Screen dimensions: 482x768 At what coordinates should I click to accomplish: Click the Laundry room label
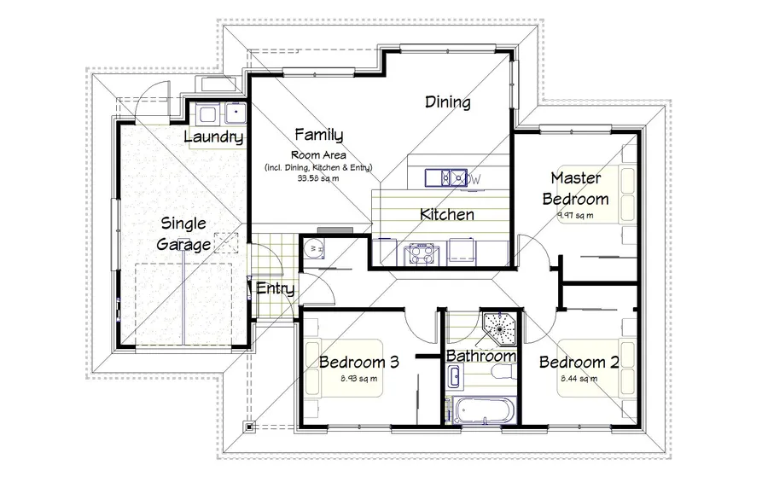pos(214,137)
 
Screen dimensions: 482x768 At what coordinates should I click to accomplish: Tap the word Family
pos(318,135)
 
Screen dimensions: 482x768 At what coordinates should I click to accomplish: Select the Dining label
pos(448,103)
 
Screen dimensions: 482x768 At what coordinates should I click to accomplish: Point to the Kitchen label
pos(447,214)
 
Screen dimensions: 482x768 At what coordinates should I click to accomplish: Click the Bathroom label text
pos(481,356)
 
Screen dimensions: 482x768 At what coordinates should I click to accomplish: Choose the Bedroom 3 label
pos(359,362)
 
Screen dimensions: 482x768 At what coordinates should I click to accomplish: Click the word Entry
pos(275,289)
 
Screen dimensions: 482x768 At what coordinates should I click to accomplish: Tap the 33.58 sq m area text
pos(317,178)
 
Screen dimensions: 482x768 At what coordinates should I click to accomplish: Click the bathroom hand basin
pos(455,375)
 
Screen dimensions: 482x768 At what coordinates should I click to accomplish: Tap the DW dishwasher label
pos(474,179)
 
